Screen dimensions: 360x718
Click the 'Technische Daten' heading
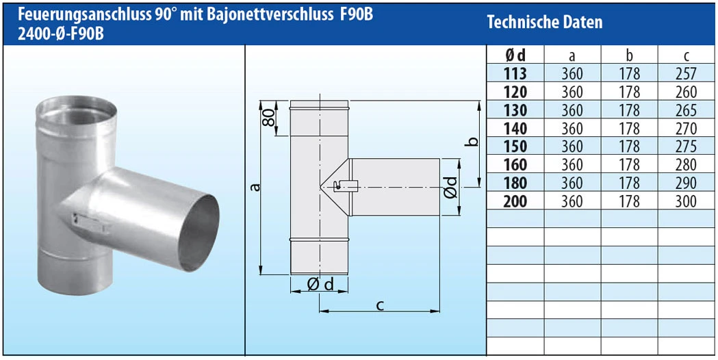pyautogui.click(x=544, y=22)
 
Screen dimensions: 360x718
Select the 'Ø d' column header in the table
pyautogui.click(x=515, y=55)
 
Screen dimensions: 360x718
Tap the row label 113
pyautogui.click(x=515, y=73)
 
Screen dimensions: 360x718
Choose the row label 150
pyautogui.click(x=515, y=146)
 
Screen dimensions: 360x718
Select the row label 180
pyautogui.click(x=515, y=183)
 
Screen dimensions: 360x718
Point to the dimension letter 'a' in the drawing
pyautogui.click(x=255, y=187)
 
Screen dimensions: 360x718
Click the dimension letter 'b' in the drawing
pyautogui.click(x=471, y=142)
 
